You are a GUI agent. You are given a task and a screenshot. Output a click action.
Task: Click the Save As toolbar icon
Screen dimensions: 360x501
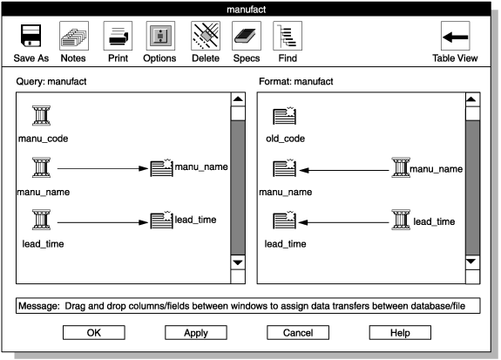[x=30, y=37]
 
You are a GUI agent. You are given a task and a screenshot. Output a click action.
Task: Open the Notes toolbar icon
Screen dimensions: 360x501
[x=73, y=37]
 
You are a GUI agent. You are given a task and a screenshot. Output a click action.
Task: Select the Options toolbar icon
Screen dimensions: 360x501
[x=159, y=37]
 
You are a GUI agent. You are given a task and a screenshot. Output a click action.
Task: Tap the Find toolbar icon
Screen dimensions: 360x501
[x=288, y=37]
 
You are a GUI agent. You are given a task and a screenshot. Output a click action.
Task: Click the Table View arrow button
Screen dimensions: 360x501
[x=455, y=37]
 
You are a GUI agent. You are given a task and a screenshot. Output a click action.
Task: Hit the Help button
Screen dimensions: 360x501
[x=400, y=332]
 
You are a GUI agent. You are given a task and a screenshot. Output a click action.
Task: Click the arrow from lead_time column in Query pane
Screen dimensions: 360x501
[x=100, y=222]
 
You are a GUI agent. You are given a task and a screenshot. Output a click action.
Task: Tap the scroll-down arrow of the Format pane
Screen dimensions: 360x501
[x=472, y=262]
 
